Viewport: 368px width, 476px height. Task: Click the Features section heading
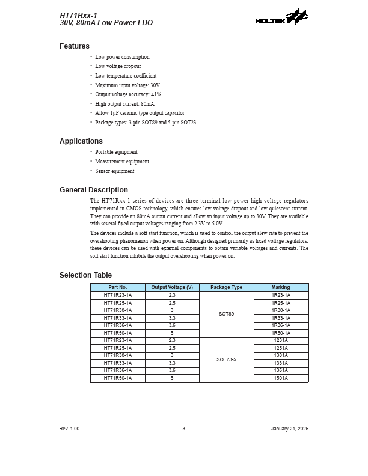pos(75,46)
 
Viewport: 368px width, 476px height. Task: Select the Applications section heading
pos(81,141)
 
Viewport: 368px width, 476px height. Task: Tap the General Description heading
pos(94,190)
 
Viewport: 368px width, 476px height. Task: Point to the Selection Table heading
pos(85,275)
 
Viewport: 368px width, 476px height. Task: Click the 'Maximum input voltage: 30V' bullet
pos(127,85)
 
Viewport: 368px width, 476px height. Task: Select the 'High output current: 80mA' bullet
pos(124,104)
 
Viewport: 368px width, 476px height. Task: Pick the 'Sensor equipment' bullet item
pos(115,171)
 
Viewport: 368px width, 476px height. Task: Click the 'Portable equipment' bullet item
pos(116,152)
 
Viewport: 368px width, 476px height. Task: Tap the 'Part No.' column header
pos(118,288)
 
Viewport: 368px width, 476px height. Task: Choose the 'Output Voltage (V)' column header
pos(172,288)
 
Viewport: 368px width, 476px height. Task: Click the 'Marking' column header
pos(281,288)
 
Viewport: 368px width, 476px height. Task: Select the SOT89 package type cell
pos(226,314)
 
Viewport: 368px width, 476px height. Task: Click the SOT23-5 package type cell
pos(226,359)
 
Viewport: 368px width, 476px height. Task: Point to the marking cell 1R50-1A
pos(281,333)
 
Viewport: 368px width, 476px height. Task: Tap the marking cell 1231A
pos(281,340)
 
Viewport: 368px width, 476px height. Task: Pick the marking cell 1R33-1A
pos(281,318)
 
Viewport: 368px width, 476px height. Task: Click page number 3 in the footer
pos(184,428)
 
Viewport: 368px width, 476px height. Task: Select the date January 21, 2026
pos(290,428)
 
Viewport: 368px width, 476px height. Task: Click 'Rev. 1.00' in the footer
pos(69,428)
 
